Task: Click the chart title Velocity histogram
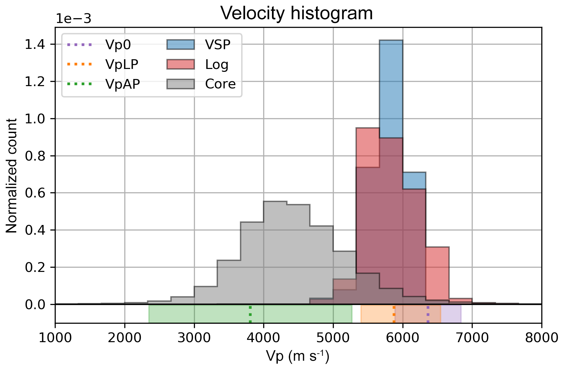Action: (297, 14)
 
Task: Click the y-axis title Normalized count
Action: (12, 175)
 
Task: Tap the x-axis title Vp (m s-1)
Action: (298, 356)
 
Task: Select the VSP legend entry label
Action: (218, 45)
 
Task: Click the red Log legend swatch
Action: (181, 64)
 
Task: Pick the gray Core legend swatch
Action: (181, 84)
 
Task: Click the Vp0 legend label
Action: (118, 45)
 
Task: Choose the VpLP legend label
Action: (122, 64)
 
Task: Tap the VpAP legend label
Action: (123, 84)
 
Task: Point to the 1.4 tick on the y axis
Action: (35, 44)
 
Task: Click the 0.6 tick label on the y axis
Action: (35, 193)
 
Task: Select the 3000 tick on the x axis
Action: (194, 338)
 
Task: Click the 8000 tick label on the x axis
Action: (541, 338)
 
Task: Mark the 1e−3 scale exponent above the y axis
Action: (73, 19)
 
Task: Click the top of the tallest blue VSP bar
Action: (391, 41)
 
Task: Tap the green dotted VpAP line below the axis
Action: (250, 314)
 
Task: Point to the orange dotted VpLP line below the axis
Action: (394, 314)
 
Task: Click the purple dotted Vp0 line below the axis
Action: (428, 314)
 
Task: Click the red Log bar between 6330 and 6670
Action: (437, 275)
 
